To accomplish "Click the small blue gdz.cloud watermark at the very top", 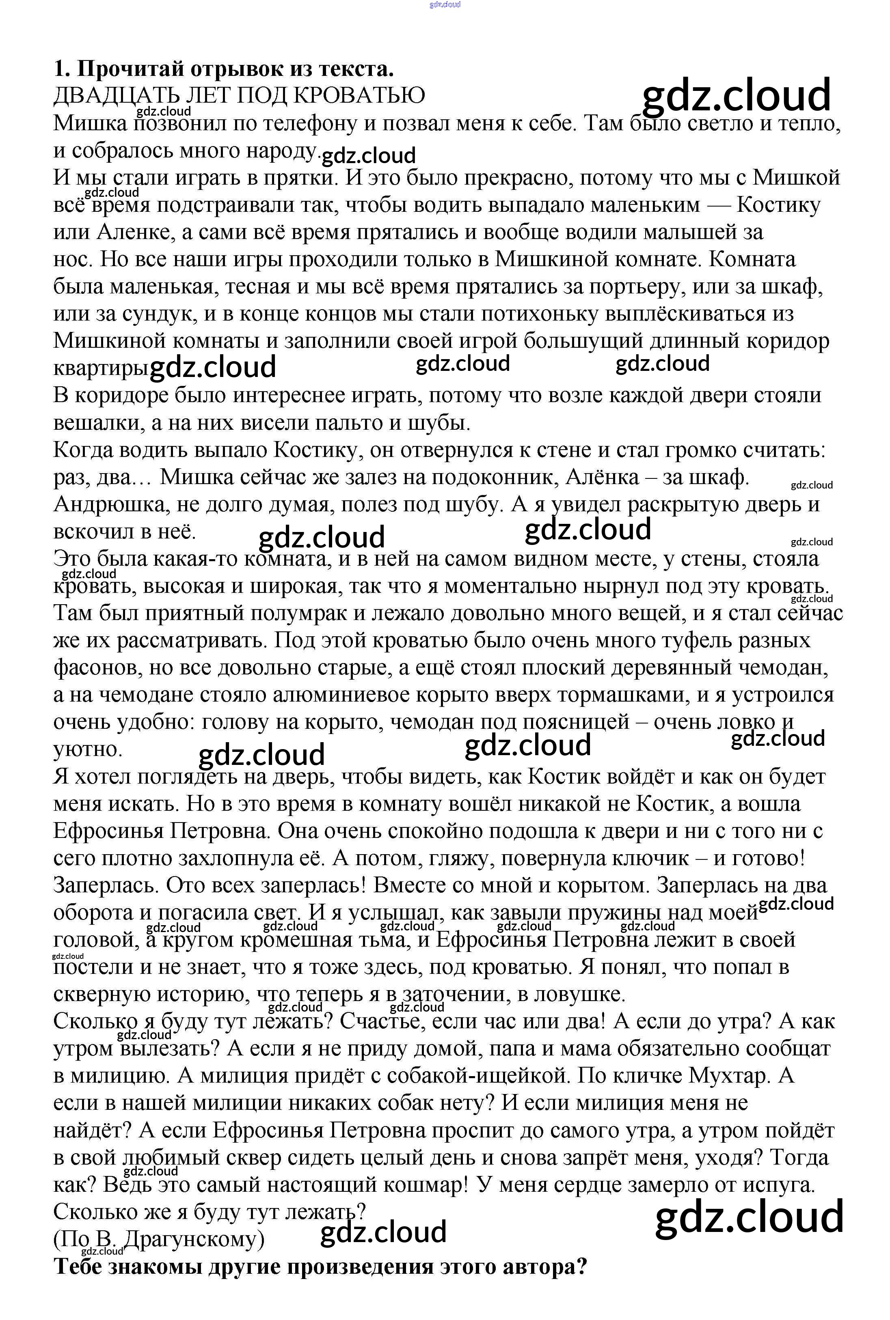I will click(x=445, y=4).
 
